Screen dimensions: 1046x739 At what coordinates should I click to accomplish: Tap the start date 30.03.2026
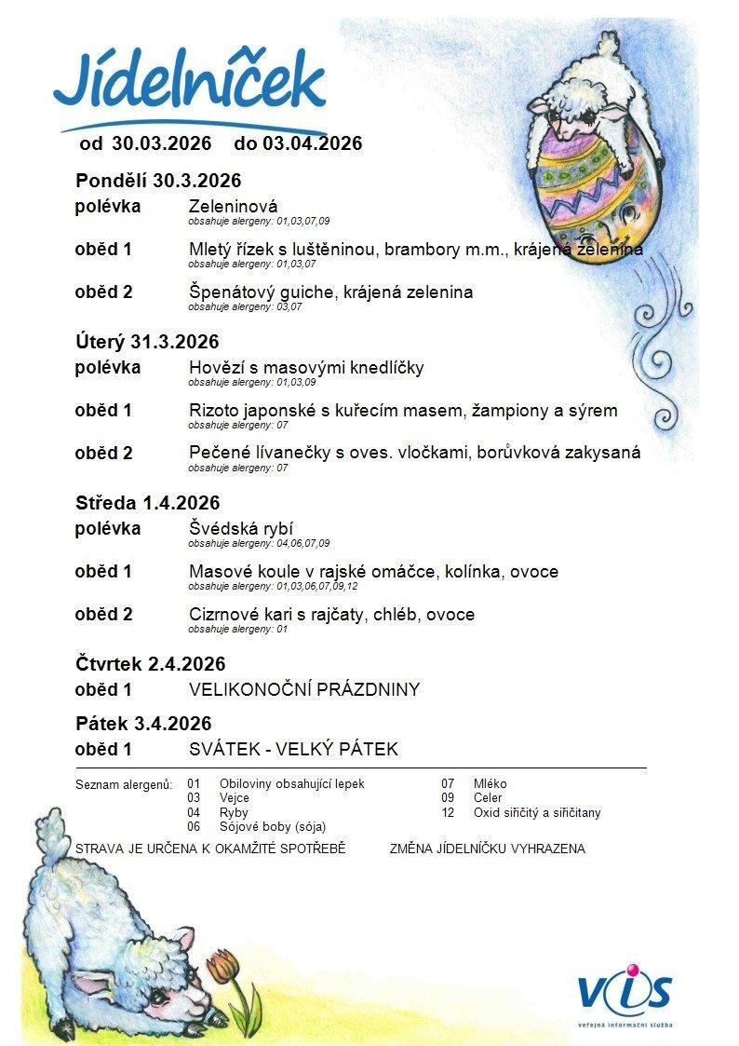[161, 143]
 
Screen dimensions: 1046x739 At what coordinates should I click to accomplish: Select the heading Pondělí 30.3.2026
[158, 181]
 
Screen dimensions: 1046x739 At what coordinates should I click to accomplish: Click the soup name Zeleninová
[233, 206]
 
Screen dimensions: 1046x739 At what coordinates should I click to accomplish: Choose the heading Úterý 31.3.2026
[147, 342]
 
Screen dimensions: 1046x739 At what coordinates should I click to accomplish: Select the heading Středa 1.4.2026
[147, 503]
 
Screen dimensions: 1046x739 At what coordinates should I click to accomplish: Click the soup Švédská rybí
[241, 529]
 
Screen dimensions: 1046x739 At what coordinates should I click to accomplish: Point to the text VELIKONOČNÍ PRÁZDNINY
[303, 690]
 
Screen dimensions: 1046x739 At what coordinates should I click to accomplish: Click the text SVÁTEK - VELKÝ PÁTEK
[293, 749]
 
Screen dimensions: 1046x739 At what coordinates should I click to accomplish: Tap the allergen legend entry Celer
[487, 798]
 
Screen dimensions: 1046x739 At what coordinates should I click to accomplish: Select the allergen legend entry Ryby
[234, 812]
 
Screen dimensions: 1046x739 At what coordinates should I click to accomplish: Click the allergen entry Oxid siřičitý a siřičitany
[537, 812]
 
